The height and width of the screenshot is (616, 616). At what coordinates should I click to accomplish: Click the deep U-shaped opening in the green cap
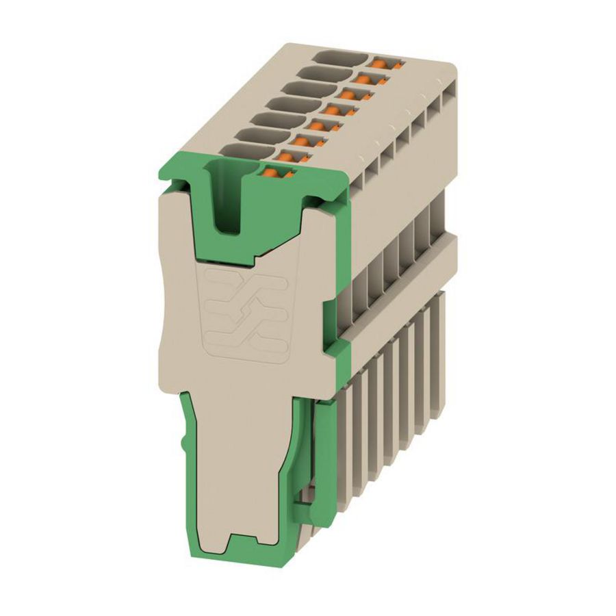(227, 198)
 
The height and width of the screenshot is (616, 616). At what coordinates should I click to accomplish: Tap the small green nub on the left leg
(183, 445)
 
